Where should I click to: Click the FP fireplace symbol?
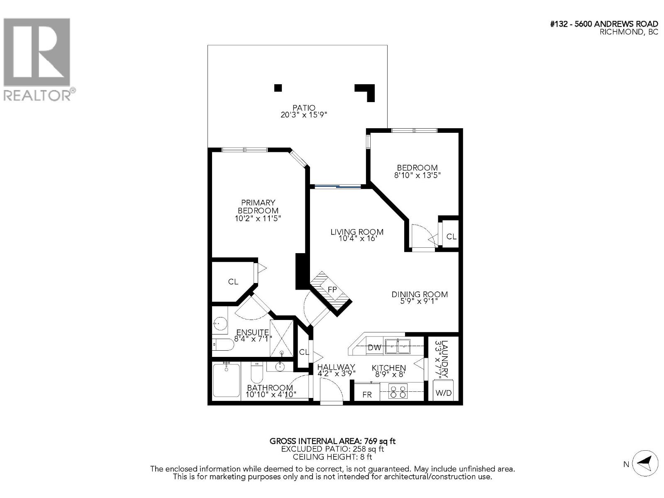(332, 289)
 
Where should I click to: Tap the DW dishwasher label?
(374, 348)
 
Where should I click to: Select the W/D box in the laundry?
(443, 393)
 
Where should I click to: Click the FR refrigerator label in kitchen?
(367, 394)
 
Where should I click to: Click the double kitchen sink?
(398, 347)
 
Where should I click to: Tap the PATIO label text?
(304, 108)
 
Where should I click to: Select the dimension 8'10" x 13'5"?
(417, 175)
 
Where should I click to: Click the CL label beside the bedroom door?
(452, 237)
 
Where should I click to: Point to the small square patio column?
(278, 88)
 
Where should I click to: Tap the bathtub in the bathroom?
(226, 380)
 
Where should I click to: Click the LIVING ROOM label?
(357, 232)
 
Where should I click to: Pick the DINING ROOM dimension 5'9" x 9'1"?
(420, 301)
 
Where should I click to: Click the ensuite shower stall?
(282, 338)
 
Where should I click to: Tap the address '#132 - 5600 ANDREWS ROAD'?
(604, 24)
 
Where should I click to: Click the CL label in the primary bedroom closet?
(233, 282)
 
